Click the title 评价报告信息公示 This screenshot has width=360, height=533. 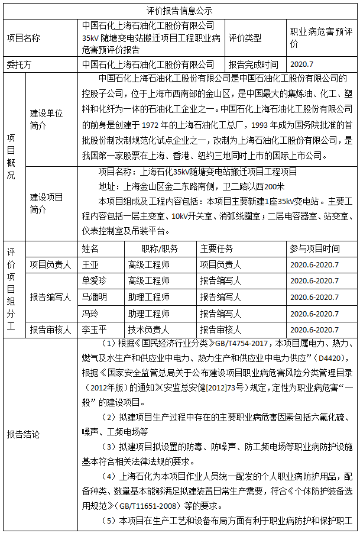pyautogui.click(x=179, y=11)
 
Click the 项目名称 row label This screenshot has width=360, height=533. pyautogui.click(x=24, y=37)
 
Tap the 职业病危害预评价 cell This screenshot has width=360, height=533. pyautogui.click(x=322, y=37)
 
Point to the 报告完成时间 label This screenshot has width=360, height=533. pyautogui.click(x=253, y=64)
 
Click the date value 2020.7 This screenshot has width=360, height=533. pyautogui.click(x=301, y=64)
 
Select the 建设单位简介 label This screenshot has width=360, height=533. pyautogui.click(x=47, y=118)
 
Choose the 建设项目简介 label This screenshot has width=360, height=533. pyautogui.click(x=47, y=203)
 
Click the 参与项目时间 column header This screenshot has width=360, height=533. pyautogui.click(x=314, y=249)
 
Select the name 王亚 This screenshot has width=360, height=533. pyautogui.click(x=90, y=264)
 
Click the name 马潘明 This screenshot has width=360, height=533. pyautogui.click(x=95, y=297)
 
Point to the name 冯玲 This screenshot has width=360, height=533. pyautogui.click(x=90, y=313)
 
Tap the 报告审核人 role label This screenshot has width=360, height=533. pyautogui.click(x=50, y=330)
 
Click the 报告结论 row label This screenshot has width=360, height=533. pyautogui.click(x=24, y=435)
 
